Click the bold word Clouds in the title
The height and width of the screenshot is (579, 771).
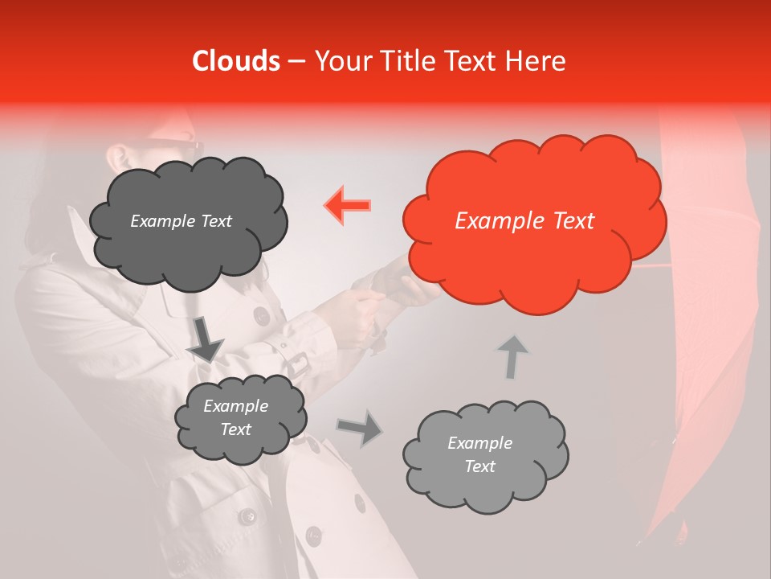(x=237, y=61)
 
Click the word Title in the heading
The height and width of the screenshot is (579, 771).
(x=406, y=61)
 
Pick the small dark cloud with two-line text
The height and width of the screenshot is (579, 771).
(x=239, y=419)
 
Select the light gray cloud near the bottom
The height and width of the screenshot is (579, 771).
(x=484, y=455)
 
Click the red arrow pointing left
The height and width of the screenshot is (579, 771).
(x=348, y=205)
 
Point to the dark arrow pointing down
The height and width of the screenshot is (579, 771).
(x=204, y=338)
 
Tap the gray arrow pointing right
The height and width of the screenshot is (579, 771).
(x=359, y=427)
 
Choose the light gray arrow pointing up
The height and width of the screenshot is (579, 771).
(x=512, y=356)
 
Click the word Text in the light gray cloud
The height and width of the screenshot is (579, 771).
(x=480, y=466)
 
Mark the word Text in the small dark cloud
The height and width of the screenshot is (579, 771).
(x=236, y=430)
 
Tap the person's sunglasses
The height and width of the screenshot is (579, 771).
(x=178, y=148)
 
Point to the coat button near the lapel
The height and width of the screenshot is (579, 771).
(x=262, y=314)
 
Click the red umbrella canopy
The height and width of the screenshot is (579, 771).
(x=707, y=362)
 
